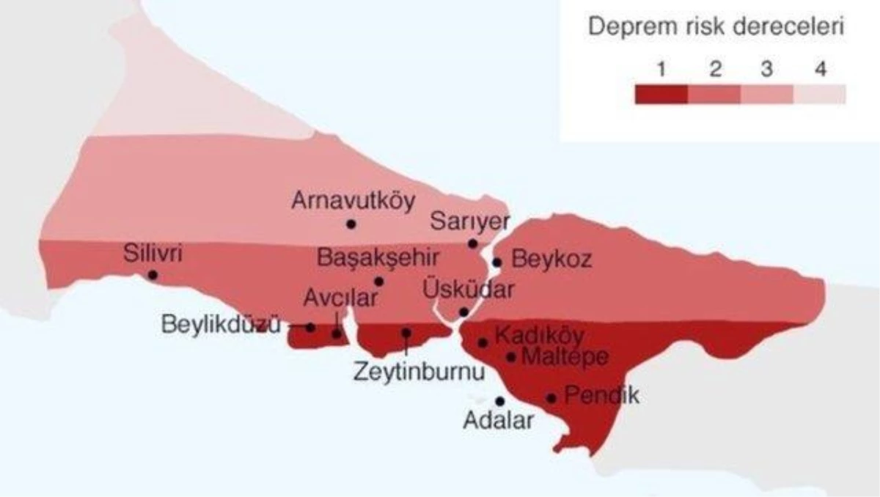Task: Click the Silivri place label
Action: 154,254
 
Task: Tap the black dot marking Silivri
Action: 153,275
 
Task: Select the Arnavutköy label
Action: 353,200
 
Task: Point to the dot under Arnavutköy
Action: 351,224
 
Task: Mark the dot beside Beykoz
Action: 497,262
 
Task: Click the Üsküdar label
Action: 469,290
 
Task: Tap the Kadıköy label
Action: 540,336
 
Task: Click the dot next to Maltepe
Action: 512,357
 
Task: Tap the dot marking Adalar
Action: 500,401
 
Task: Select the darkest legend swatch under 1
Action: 661,95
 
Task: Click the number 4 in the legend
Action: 820,70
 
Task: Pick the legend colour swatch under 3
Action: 767,95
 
